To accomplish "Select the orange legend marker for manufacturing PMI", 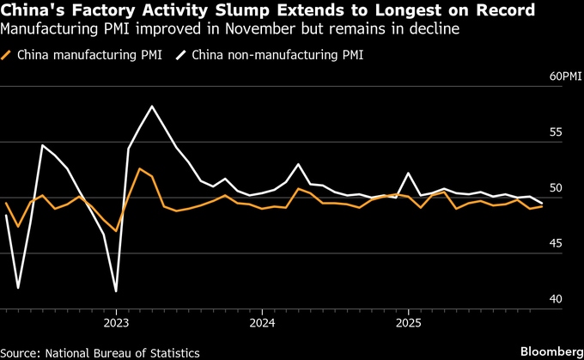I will click(8, 56).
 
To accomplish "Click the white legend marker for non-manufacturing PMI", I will click(181, 56).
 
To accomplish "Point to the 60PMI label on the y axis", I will click(566, 76).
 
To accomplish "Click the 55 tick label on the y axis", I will click(557, 132).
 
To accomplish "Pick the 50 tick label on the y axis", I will click(557, 188).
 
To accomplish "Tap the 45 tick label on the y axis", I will click(557, 244).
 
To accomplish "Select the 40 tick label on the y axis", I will click(557, 299).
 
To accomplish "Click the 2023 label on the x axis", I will click(116, 323).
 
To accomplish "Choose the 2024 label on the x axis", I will click(262, 323).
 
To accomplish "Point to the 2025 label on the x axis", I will click(408, 323).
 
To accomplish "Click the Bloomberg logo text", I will click(550, 352).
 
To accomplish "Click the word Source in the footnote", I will click(23, 353).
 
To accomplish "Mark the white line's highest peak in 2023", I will click(152, 107).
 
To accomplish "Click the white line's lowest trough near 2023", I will click(115, 291).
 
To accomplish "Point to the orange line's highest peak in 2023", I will click(140, 168).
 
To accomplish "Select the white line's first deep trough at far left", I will click(18, 287).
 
